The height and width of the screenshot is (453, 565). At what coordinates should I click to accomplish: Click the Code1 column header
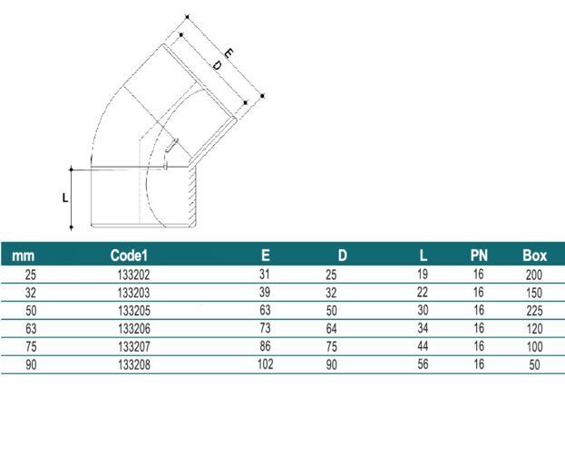click(129, 255)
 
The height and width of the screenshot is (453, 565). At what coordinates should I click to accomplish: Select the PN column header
click(479, 255)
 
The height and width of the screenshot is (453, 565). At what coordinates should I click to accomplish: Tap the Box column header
click(535, 255)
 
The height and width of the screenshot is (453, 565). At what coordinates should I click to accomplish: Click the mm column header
click(24, 256)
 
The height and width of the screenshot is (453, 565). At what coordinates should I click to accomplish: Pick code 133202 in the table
click(133, 275)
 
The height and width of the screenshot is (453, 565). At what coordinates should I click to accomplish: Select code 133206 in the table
click(134, 329)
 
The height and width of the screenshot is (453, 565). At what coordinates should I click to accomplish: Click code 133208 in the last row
click(134, 365)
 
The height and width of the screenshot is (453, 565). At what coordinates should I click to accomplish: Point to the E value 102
click(265, 364)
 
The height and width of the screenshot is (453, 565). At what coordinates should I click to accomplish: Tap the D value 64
click(332, 328)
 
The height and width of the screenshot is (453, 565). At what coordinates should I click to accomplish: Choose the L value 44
click(423, 346)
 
